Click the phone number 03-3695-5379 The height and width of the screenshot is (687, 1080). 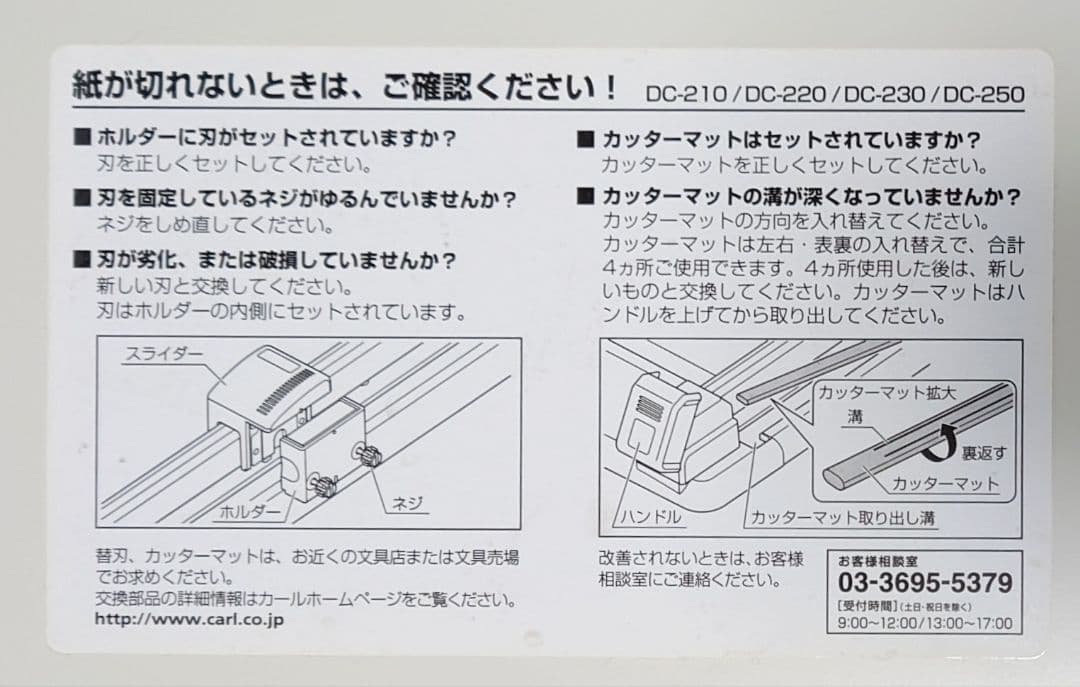pyautogui.click(x=924, y=583)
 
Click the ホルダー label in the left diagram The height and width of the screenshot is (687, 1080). pyautogui.click(x=249, y=511)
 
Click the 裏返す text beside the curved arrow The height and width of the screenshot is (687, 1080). pyautogui.click(x=984, y=453)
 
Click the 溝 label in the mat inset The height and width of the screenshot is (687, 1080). pyautogui.click(x=854, y=418)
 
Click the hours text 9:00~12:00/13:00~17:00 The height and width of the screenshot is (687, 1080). pyautogui.click(x=924, y=623)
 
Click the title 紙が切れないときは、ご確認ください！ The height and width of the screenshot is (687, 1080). pyautogui.click(x=345, y=88)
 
